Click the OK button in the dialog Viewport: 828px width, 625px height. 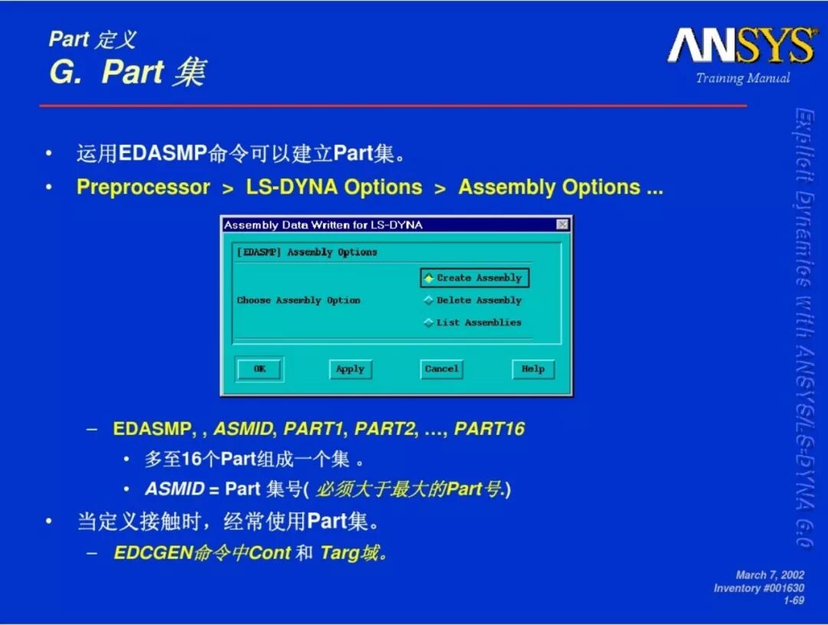259,368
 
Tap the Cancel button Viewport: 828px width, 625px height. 442,368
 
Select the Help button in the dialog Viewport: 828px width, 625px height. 534,368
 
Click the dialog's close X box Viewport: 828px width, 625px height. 563,224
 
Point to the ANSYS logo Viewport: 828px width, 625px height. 742,45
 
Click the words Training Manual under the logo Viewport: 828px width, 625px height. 743,79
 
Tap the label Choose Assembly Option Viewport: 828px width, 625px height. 298,300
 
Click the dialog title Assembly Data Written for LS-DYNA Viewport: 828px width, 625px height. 324,225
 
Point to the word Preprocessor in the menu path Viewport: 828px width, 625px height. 143,187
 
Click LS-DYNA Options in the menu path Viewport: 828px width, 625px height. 333,187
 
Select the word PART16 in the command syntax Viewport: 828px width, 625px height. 489,429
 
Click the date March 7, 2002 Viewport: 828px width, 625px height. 770,575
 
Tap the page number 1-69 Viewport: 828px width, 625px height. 793,600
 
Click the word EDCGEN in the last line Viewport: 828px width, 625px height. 153,553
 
